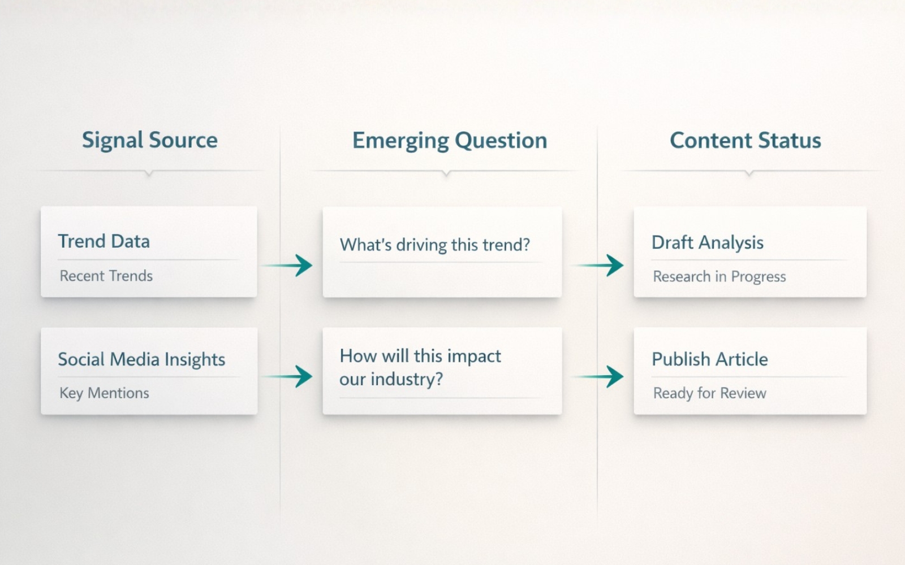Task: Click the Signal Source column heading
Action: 149,140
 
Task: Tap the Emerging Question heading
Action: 450,141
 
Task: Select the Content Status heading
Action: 745,140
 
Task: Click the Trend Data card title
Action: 104,241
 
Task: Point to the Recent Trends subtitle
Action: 106,276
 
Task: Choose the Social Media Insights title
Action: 141,359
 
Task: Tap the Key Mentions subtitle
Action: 105,393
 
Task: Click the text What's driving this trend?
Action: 434,245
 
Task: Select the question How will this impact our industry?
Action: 420,367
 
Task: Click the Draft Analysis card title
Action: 707,242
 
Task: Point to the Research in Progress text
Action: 719,276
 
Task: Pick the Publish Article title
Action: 709,359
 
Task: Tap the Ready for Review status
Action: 709,393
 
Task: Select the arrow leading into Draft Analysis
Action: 600,265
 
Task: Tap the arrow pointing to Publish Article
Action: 600,376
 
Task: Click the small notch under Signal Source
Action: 149,173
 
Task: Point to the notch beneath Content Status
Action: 749,173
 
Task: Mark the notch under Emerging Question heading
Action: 446,173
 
